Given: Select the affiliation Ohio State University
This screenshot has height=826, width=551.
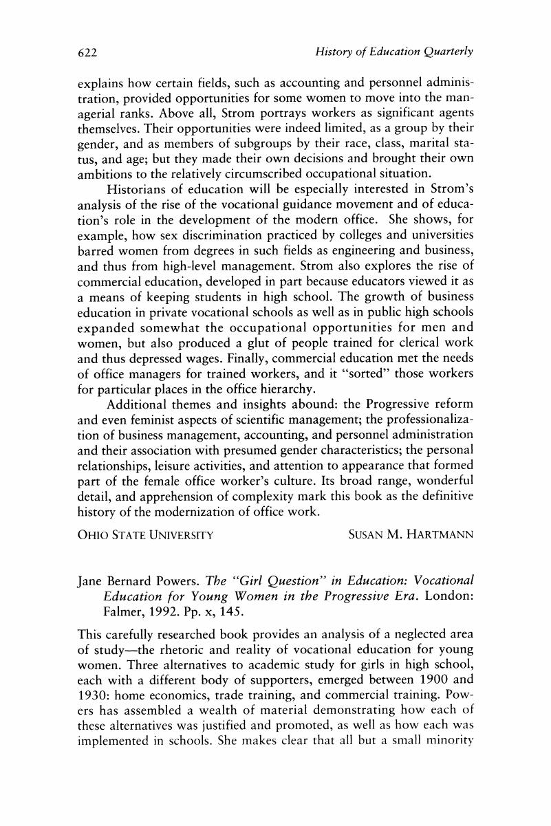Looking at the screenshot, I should (x=144, y=534).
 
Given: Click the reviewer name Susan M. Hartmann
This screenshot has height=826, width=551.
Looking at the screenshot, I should (x=411, y=534).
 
